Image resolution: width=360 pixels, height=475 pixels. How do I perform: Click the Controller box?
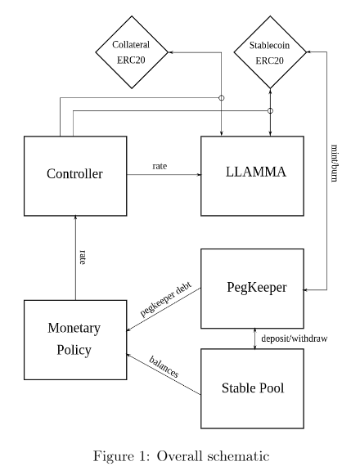(x=75, y=174)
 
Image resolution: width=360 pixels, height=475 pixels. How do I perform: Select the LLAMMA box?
(x=254, y=174)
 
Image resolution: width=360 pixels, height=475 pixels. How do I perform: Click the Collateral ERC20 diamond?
(x=132, y=53)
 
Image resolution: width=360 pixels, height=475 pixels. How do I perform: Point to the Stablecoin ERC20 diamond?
(x=270, y=53)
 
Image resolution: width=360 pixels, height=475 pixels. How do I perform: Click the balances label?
(x=164, y=366)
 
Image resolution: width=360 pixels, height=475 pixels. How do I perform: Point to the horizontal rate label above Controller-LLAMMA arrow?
(x=160, y=166)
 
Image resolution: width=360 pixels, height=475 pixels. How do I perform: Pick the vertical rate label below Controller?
(x=83, y=257)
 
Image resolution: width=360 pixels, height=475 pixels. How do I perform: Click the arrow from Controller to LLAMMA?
(x=164, y=174)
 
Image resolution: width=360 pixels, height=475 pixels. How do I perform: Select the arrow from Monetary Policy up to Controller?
(x=75, y=258)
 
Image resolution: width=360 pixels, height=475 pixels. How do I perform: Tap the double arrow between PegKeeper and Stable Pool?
(x=254, y=336)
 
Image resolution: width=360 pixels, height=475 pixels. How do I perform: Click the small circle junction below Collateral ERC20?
(x=221, y=98)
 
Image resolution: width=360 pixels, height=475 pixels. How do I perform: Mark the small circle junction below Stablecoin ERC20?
(x=270, y=110)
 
